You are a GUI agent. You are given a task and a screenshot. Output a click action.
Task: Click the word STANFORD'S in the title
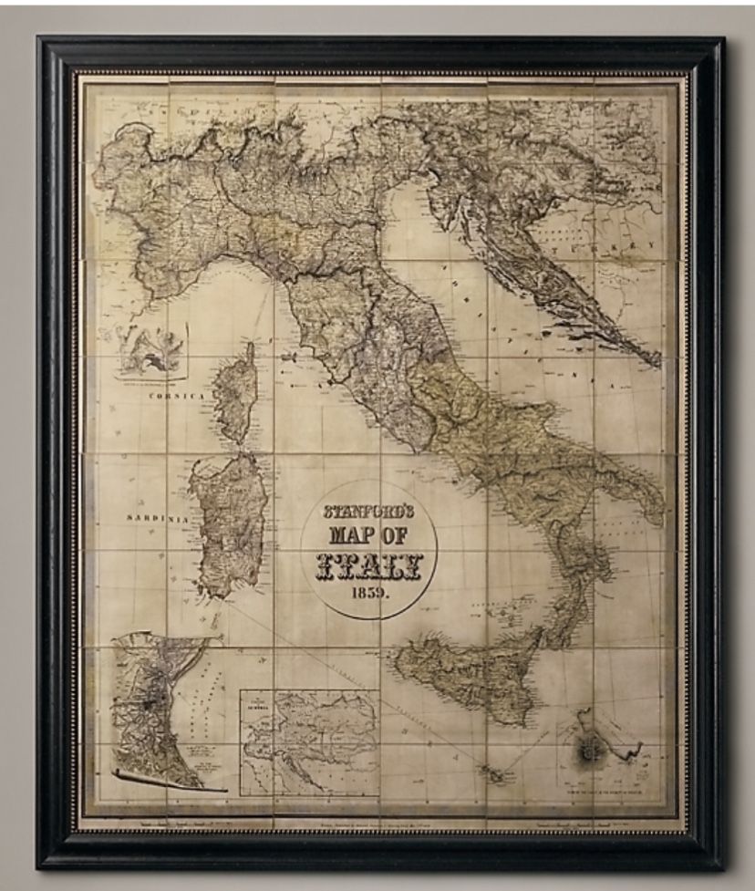(369, 511)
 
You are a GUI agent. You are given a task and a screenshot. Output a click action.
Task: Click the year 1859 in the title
(369, 592)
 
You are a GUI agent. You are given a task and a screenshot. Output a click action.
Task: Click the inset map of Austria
(310, 739)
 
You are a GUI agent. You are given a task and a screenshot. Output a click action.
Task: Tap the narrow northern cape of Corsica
(248, 351)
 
